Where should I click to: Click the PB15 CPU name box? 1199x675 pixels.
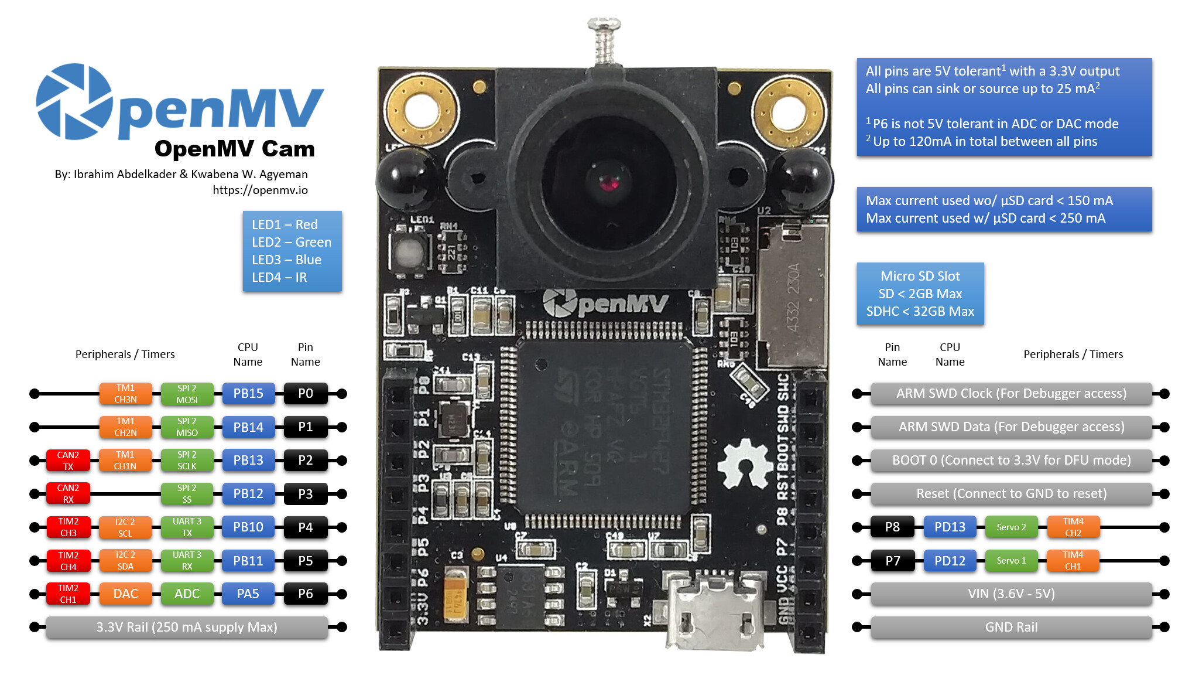[x=248, y=394]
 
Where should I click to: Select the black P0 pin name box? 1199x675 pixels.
[x=305, y=394]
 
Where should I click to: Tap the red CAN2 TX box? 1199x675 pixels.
[x=68, y=461]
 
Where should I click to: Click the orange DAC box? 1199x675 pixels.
[x=125, y=594]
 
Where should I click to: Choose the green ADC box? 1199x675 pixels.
[x=187, y=594]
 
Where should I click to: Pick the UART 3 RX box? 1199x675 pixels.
[x=187, y=561]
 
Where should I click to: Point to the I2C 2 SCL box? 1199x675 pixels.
[x=125, y=527]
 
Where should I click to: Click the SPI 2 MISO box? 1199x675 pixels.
[x=187, y=427]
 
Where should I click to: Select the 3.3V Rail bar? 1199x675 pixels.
[x=187, y=628]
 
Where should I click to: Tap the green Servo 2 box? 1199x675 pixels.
[x=1011, y=527]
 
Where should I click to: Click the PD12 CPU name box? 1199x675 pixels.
[x=950, y=561]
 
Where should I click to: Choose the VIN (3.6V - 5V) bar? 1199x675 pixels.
[x=1011, y=594]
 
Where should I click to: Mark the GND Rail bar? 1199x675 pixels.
[x=1011, y=628]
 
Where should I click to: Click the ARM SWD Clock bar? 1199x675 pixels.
[x=1011, y=394]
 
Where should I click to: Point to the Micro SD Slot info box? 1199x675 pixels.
[x=920, y=294]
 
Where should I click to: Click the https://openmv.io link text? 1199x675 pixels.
[x=260, y=190]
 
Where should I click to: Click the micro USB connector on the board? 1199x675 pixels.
[x=715, y=612]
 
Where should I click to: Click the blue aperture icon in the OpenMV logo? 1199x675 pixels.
[x=74, y=102]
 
